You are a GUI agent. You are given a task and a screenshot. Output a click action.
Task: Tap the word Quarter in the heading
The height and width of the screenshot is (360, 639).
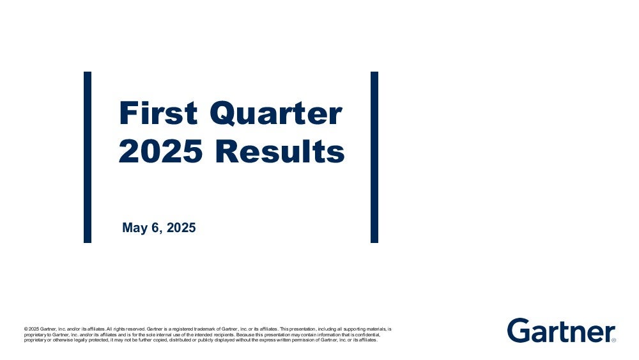pos(276,114)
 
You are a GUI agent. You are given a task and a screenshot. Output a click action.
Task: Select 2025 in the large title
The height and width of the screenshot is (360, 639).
pos(160,151)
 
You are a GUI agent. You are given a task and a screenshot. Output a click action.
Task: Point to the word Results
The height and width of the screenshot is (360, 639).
pos(280,151)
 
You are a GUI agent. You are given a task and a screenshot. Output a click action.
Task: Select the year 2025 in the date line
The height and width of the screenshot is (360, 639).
pos(181,228)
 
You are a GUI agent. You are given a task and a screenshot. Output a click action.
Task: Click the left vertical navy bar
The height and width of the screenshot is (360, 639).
pos(88,157)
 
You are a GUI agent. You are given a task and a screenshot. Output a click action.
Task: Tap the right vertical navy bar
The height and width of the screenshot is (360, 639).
pos(374,157)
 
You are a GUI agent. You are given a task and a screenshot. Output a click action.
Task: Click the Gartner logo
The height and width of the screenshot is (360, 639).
pos(561,331)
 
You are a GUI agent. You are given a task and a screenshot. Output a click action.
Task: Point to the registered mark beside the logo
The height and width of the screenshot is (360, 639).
pos(613,340)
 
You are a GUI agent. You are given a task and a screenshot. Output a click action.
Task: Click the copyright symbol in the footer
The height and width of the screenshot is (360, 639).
pos(26,329)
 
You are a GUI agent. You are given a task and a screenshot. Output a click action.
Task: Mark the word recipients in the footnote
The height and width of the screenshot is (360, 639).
pos(223,334)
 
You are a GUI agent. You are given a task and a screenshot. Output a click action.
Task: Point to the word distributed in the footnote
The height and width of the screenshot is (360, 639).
pos(178,340)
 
